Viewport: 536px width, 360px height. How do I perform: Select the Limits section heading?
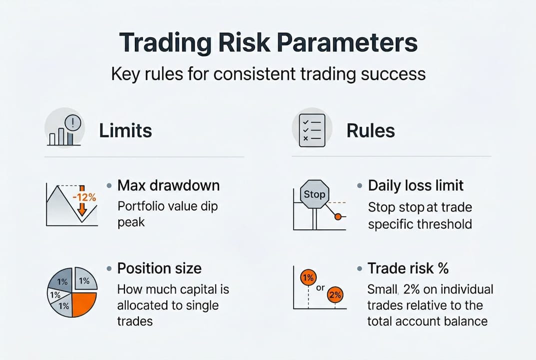point(125,131)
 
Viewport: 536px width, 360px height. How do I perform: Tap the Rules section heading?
point(371,131)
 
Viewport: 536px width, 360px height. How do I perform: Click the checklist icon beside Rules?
point(312,130)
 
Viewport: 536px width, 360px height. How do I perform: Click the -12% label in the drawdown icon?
point(84,197)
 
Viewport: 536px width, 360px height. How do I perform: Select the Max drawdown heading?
point(168,185)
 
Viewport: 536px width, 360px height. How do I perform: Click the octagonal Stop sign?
point(314,194)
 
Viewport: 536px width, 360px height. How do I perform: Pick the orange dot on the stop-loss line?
point(338,217)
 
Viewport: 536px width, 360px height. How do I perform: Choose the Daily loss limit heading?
point(416,185)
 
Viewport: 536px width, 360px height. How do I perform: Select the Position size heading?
point(159,268)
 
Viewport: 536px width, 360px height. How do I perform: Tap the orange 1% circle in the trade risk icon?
point(308,277)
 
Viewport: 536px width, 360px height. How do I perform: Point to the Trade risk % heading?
point(408,268)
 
